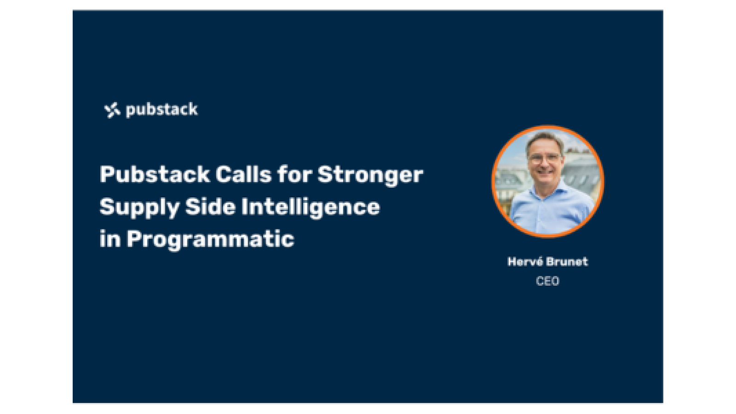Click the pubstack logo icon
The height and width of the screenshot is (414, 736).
click(x=112, y=110)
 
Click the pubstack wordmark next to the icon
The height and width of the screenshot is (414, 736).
click(x=161, y=110)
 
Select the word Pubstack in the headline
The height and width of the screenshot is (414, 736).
click(x=155, y=175)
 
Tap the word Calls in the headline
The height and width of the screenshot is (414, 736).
click(x=243, y=175)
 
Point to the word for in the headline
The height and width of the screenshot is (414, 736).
click(x=294, y=175)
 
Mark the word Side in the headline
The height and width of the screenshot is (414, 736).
click(x=210, y=207)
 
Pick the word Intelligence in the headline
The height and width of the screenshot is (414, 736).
click(x=310, y=207)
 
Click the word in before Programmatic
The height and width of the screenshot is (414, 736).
click(x=109, y=239)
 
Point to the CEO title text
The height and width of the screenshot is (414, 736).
click(x=547, y=281)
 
